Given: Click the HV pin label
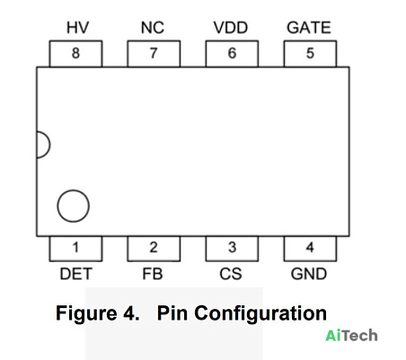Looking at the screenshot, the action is click(x=77, y=28).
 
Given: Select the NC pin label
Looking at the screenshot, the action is click(x=153, y=28).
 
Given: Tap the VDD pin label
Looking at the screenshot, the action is click(x=231, y=28).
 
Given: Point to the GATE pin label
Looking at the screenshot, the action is click(x=309, y=28).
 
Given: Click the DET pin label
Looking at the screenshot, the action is click(x=75, y=274).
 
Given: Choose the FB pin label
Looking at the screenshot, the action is click(x=153, y=274).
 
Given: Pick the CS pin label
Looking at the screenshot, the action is click(x=231, y=274).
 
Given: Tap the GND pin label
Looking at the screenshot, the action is click(x=309, y=274).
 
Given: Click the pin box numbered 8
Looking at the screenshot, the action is click(x=75, y=54).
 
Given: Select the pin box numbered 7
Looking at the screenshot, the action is click(x=154, y=54).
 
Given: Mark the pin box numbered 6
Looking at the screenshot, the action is click(x=232, y=54).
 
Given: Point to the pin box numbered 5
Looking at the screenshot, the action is click(x=310, y=54).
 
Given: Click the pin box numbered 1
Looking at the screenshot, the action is click(x=75, y=249).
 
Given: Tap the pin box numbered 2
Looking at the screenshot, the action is click(x=154, y=249).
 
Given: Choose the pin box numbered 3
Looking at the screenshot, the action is click(x=232, y=249).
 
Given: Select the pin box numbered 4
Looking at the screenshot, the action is click(x=310, y=249).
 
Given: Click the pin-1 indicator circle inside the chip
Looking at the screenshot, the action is click(x=57, y=206).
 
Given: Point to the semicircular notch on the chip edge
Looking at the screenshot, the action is click(x=50, y=145).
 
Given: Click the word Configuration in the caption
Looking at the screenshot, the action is click(x=260, y=314).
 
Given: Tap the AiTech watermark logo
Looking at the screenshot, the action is click(x=351, y=336).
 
